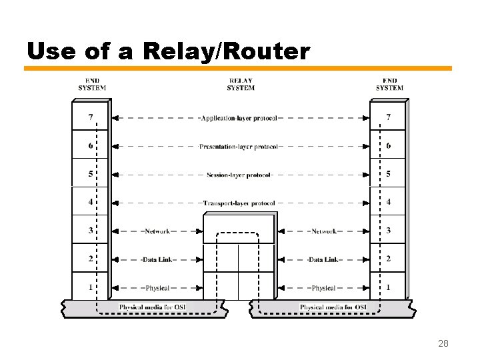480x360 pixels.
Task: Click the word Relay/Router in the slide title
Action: pos(224,51)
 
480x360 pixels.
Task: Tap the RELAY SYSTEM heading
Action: pos(240,85)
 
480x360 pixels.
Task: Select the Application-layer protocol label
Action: pos(239,118)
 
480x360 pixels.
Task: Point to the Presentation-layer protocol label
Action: pos(239,147)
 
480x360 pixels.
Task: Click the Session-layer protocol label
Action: pos(239,175)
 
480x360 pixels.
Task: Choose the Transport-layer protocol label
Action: pos(239,203)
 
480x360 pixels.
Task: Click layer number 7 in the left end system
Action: pos(90,117)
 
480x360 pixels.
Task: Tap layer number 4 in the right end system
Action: pos(389,202)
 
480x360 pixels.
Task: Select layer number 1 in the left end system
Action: pos(90,287)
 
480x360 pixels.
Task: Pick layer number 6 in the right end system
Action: pos(389,145)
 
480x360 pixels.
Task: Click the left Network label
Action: pos(157,231)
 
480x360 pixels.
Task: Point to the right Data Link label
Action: pos(323,259)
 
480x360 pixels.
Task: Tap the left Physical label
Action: pos(157,288)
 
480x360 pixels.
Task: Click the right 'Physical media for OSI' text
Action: pos(333,307)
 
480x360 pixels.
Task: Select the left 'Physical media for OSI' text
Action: pos(153,307)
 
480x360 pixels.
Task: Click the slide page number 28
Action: pos(443,344)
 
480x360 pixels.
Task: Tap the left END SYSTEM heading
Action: pos(92,85)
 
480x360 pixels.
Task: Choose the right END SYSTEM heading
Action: pos(389,85)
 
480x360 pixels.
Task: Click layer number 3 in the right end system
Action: pos(389,231)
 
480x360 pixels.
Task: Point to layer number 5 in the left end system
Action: pos(90,174)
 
